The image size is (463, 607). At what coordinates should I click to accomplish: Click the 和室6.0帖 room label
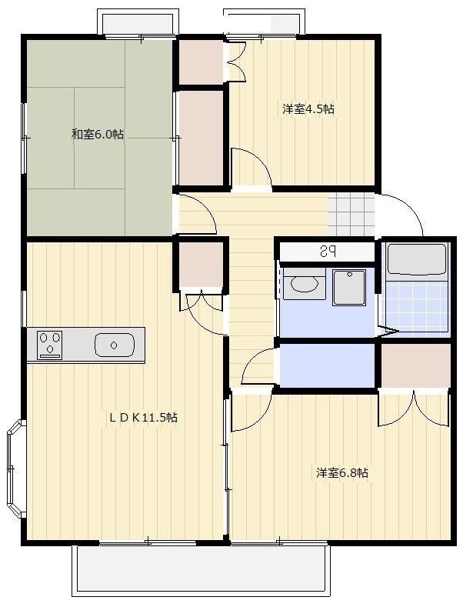coord(98,135)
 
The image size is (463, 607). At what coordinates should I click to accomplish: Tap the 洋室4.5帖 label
coord(308,108)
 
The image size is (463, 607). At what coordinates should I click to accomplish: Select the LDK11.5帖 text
coord(143,417)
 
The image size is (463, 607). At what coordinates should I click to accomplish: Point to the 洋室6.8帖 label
coord(341,472)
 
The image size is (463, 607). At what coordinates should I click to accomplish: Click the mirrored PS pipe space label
coord(328,252)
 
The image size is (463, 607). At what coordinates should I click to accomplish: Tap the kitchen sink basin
coord(114,345)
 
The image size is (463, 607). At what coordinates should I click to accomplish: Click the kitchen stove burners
coord(49,345)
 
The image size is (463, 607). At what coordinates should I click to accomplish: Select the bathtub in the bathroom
coord(417,259)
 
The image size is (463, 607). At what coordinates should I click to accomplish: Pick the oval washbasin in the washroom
coord(304,285)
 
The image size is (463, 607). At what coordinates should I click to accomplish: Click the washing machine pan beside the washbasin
coord(349,288)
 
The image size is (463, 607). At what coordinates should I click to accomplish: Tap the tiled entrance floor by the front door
coord(351,215)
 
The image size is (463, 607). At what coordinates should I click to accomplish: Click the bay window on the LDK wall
coord(16,469)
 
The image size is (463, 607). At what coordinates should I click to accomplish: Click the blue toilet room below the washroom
coord(327,365)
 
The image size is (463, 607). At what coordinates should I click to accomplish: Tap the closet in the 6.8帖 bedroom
coord(416,366)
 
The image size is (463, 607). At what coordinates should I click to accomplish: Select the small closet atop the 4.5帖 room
coord(201,62)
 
